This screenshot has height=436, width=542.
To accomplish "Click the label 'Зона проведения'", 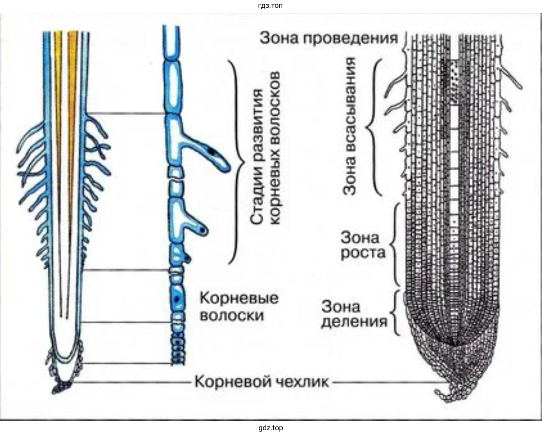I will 329,38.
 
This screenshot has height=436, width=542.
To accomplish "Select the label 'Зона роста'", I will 363,245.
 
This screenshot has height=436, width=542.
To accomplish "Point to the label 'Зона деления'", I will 354,313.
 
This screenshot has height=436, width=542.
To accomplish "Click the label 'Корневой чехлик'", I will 261,382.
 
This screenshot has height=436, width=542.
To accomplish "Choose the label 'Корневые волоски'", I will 238,306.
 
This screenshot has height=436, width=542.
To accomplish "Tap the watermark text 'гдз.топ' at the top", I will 270,6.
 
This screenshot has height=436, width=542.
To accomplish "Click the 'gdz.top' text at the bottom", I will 270,428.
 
